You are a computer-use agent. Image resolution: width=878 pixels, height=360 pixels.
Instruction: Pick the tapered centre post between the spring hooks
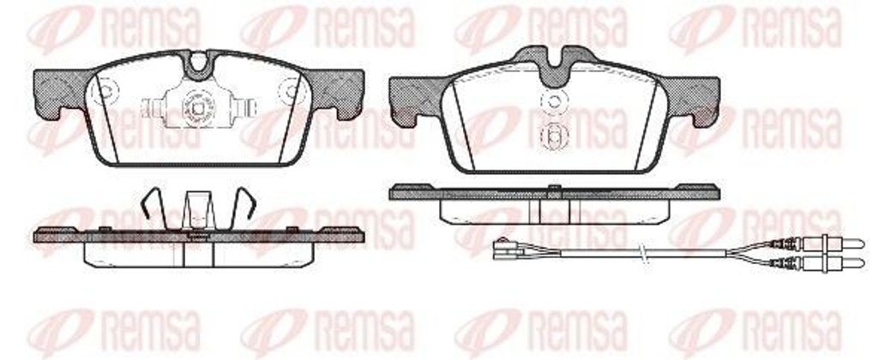198,210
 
